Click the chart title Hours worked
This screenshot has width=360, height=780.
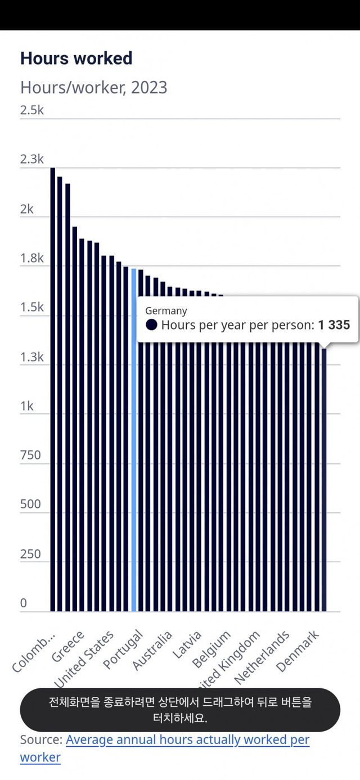(x=76, y=58)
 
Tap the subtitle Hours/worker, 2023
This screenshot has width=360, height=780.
(x=93, y=88)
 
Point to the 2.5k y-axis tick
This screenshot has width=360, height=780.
(x=32, y=110)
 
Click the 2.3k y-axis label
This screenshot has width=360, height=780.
(x=32, y=160)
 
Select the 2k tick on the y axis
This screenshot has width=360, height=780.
(x=28, y=209)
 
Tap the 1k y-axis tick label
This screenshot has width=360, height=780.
(x=28, y=406)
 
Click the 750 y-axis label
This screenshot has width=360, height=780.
(x=31, y=455)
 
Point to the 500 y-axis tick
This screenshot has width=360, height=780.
(x=31, y=504)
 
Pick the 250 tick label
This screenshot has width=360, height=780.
(x=31, y=554)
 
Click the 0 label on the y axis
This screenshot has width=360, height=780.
(x=24, y=603)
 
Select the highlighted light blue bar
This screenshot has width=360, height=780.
(x=134, y=439)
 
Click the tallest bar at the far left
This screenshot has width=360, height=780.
(x=52, y=388)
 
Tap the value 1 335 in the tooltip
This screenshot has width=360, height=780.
(x=334, y=325)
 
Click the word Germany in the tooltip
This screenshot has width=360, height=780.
(x=166, y=310)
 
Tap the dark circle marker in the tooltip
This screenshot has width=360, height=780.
(x=151, y=324)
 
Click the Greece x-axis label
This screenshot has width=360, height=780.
(x=68, y=647)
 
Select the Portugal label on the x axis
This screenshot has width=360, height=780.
(x=124, y=650)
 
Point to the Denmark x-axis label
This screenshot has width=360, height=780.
(x=298, y=651)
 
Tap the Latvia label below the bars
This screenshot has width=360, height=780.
(x=187, y=645)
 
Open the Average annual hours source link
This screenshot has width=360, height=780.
(x=187, y=740)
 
